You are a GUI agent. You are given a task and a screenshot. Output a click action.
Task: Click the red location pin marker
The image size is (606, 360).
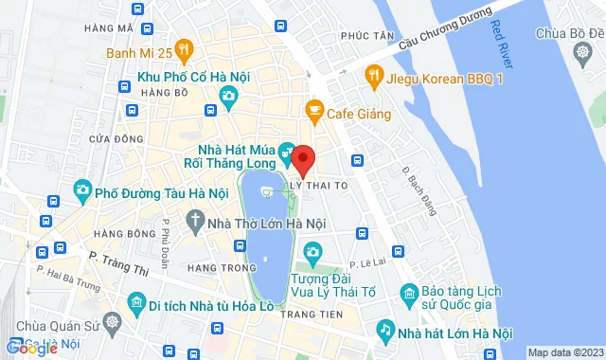303,159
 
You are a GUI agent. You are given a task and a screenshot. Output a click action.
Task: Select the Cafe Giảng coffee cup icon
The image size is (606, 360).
314,115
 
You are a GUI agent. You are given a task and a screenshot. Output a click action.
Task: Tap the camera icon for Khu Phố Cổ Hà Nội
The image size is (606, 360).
228,96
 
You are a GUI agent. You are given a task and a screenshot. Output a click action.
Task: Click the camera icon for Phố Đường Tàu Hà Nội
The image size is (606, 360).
82,192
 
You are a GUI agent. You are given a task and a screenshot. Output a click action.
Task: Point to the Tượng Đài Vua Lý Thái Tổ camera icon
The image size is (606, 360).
312,251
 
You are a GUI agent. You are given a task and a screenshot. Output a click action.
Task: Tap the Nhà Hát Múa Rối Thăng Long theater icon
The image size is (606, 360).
288,150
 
